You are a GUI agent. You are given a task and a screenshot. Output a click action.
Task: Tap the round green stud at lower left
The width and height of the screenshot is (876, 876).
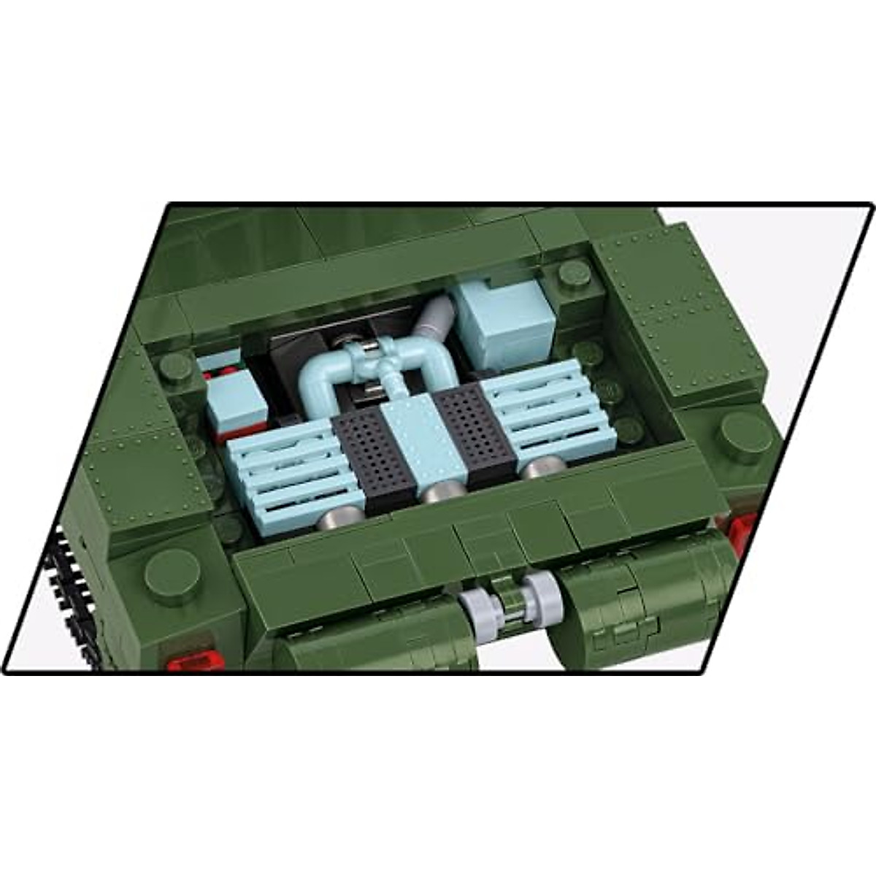(x=172, y=570)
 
